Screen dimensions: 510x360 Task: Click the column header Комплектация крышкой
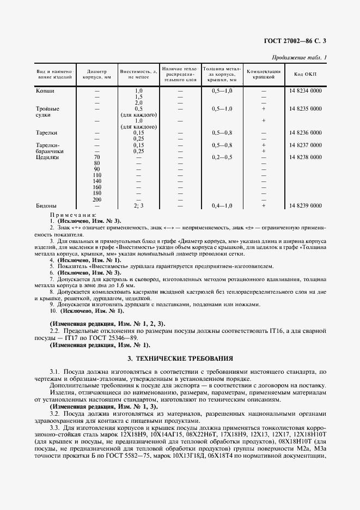coord(264,75)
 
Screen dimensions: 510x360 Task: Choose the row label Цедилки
coord(47,157)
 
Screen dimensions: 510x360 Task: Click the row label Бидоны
coord(46,205)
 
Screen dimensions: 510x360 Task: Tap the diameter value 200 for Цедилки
coord(97,199)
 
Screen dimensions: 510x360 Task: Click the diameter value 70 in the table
coord(97,157)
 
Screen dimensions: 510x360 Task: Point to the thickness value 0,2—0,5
coord(222,157)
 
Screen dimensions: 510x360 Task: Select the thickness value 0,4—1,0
coord(222,205)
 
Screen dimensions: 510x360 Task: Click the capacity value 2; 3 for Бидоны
coord(138,205)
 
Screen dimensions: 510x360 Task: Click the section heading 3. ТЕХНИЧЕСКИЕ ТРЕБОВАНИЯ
coord(180,359)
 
